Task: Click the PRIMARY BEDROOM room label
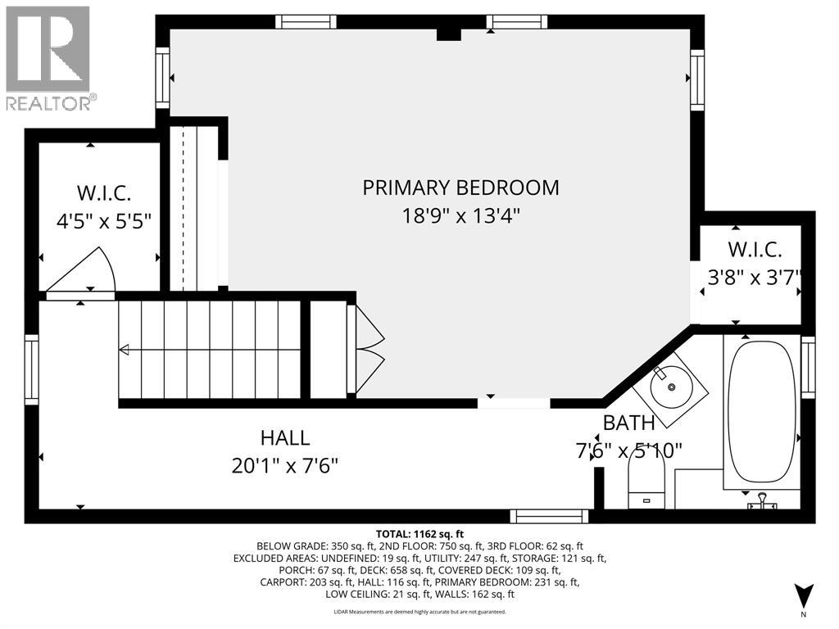click(460, 188)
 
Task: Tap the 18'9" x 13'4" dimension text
click(460, 216)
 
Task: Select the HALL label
click(285, 438)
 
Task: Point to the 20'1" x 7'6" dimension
click(285, 466)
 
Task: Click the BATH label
click(628, 423)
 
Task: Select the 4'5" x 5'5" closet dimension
click(104, 220)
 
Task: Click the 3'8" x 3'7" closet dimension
click(754, 278)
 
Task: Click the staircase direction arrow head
click(125, 351)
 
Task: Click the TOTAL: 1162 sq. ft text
click(419, 534)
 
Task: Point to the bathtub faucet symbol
click(762, 502)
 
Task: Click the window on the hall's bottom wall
click(549, 516)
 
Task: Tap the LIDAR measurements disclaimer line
click(419, 612)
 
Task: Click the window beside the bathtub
click(808, 367)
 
